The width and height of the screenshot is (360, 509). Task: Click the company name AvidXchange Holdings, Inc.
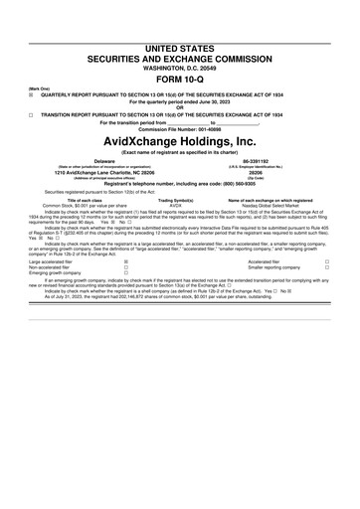[180, 142]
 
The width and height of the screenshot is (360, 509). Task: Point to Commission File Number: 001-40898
[180, 128]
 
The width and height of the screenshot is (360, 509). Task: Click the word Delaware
[103, 159]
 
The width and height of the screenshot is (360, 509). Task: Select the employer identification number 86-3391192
[257, 159]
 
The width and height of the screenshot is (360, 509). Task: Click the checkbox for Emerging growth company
[125, 273]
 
